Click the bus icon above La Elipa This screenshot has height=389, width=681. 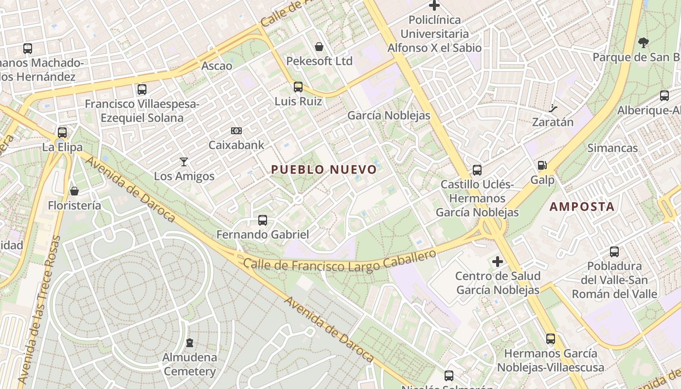click(x=62, y=132)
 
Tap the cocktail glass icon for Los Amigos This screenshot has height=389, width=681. click(x=184, y=162)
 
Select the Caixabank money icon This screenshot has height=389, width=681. click(x=236, y=131)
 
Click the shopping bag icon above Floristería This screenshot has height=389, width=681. click(x=74, y=191)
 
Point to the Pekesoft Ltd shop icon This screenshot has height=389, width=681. click(x=319, y=47)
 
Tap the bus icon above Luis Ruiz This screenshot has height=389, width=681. click(x=298, y=87)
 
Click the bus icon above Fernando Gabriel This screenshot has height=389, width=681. click(x=263, y=220)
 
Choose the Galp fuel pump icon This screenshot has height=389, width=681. click(x=542, y=166)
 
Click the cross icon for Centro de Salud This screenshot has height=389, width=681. click(x=497, y=262)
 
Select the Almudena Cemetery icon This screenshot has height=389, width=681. click(x=190, y=343)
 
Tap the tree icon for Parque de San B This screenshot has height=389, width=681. click(x=644, y=43)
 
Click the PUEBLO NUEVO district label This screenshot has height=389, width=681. click(x=324, y=170)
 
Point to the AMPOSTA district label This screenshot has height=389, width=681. click(x=582, y=207)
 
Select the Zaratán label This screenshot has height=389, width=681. click(x=553, y=122)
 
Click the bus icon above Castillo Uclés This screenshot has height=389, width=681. click(x=477, y=170)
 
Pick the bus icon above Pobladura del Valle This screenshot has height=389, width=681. click(x=614, y=252)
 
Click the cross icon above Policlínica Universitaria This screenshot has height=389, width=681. click(x=434, y=6)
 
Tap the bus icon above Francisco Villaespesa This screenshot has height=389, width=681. click(x=142, y=89)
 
